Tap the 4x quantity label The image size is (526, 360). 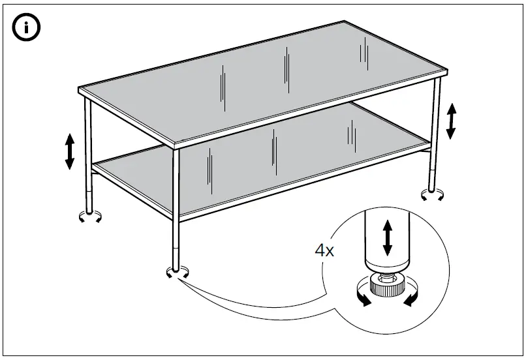click(x=324, y=251)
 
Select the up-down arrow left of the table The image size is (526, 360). click(x=70, y=151)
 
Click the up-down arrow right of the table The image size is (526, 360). click(x=450, y=121)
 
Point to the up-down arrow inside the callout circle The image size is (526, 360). click(x=387, y=237)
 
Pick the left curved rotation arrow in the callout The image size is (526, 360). click(x=361, y=297)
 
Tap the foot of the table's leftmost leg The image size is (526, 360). click(x=90, y=215)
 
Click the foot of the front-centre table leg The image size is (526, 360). click(x=176, y=270)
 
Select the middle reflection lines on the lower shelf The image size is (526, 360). click(x=273, y=147)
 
